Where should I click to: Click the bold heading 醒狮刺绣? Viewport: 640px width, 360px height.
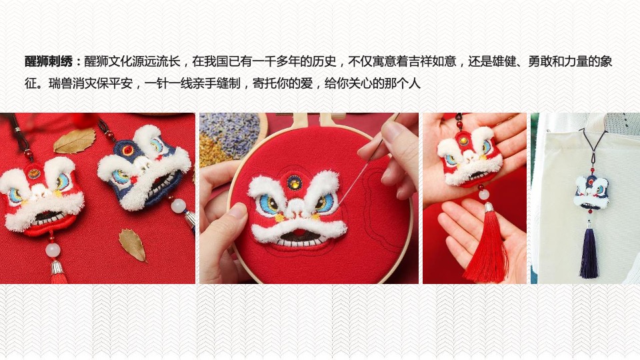tap(49, 61)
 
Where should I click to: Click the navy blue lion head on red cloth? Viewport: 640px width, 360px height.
tap(145, 167)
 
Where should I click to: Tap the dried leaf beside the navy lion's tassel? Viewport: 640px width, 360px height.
tap(133, 245)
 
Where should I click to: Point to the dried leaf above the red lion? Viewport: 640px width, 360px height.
tap(75, 141)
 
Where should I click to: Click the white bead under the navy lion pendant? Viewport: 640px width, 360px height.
tap(179, 206)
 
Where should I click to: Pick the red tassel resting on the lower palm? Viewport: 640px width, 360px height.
tap(487, 245)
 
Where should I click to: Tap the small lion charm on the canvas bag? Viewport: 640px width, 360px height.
tap(591, 191)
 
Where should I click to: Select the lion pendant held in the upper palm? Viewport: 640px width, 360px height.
tap(469, 159)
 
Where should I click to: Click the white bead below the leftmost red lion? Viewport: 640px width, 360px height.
tap(53, 250)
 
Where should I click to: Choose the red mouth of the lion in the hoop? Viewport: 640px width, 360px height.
tap(299, 234)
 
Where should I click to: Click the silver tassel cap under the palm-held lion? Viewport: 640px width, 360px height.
tap(489, 207)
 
